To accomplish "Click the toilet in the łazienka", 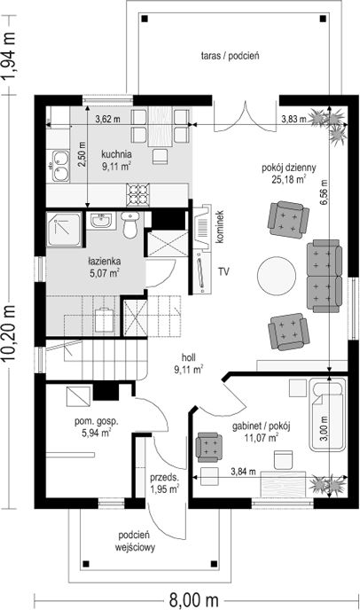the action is click(129, 225).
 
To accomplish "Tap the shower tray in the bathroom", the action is click(65, 229).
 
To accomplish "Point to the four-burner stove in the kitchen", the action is click(137, 194).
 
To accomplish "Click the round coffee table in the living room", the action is click(277, 276).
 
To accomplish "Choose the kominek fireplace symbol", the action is click(202, 226).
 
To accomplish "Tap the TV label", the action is click(223, 271).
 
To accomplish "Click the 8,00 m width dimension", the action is click(193, 599).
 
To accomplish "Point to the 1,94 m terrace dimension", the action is click(9, 55).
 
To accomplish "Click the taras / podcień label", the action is click(230, 56).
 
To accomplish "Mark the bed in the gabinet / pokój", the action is click(328, 415).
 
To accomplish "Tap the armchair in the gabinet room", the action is click(209, 447).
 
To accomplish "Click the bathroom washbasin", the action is click(102, 221).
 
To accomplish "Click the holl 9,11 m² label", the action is click(189, 364).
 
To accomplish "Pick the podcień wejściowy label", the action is click(135, 542).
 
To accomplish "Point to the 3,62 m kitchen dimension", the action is click(108, 119).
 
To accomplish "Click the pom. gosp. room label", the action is click(97, 427).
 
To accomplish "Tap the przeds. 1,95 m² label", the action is click(164, 483).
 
